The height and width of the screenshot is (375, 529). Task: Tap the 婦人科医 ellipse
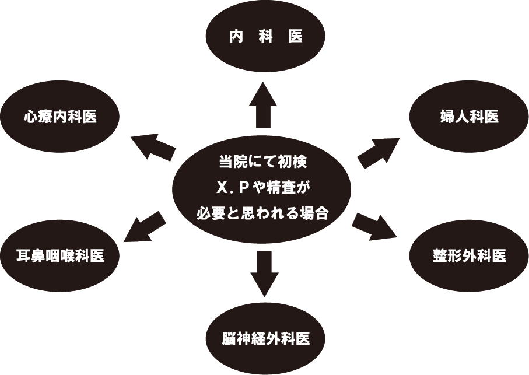(469, 117)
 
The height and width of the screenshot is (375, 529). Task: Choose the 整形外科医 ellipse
(469, 255)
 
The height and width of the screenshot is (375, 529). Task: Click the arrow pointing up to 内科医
(264, 105)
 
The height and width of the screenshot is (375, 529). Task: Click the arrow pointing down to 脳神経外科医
(264, 272)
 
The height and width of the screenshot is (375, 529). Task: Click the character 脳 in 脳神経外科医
(229, 338)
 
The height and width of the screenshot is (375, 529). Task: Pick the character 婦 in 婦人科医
(447, 117)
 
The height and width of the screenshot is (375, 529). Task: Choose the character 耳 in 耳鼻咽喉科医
(24, 255)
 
